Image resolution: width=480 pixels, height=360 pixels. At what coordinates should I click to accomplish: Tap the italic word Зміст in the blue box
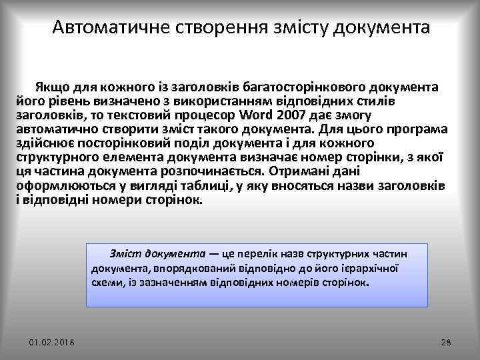point(124,254)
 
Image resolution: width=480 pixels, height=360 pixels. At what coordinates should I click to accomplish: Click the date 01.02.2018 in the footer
point(52,342)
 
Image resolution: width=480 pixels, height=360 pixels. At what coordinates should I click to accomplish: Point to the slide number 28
point(447,342)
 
